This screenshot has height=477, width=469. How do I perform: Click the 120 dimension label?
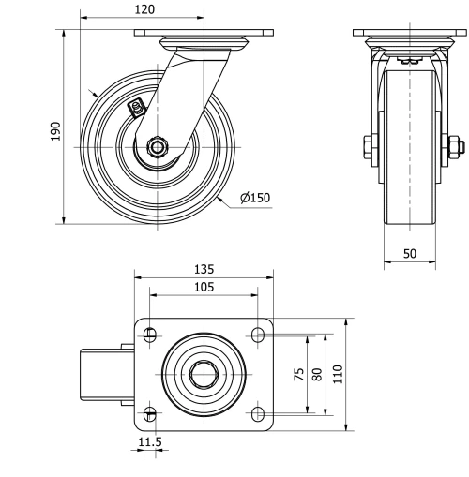tap(143, 9)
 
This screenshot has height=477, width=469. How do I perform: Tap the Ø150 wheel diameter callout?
tap(254, 198)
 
